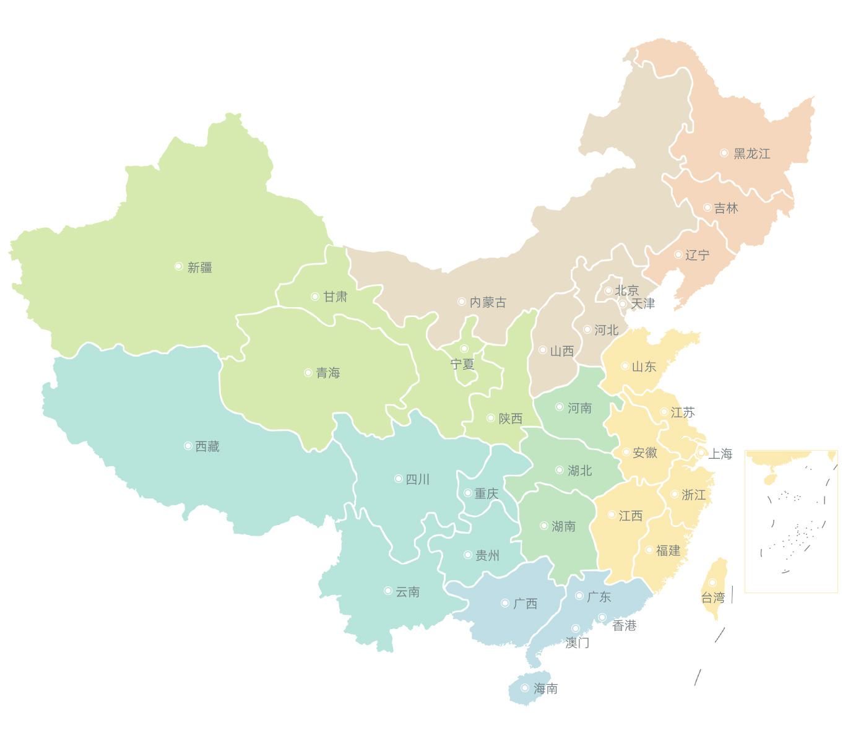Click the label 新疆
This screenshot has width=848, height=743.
tap(199, 267)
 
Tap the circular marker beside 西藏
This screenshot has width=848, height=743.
tap(188, 446)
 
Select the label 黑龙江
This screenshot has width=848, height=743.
tap(751, 154)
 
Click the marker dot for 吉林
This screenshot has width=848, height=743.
tap(707, 207)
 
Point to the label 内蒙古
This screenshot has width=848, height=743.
tap(488, 302)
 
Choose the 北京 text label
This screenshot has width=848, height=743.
tap(626, 290)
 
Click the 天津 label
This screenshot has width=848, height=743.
tap(642, 303)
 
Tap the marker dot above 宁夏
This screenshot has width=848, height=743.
tap(464, 349)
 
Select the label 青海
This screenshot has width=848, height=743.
tap(328, 373)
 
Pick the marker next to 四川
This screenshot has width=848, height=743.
tap(399, 479)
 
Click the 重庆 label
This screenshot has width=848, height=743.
tap(486, 493)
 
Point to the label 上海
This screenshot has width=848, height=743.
tap(720, 454)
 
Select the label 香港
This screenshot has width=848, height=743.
tap(624, 625)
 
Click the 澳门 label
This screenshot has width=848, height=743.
tap(577, 643)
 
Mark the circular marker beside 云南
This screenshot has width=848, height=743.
tap(388, 591)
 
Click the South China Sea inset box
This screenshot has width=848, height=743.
tap(791, 521)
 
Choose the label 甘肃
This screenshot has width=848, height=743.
tap(335, 297)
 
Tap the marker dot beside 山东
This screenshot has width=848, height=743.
tap(625, 366)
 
